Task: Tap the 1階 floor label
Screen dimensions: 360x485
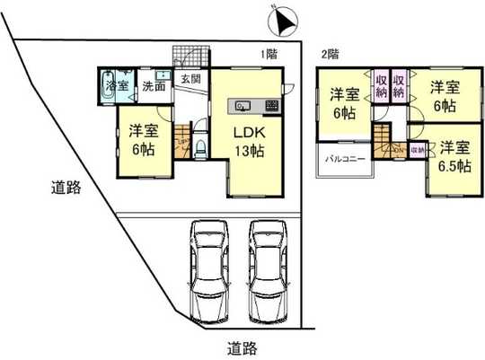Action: click(x=269, y=54)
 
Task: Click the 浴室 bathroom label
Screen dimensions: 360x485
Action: click(x=118, y=86)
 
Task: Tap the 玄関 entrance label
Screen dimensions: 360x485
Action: click(x=190, y=79)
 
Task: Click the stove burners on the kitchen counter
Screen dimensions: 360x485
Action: click(x=271, y=107)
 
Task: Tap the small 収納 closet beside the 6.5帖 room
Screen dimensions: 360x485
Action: click(x=418, y=150)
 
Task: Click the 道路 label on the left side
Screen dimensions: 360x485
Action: click(x=65, y=189)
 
